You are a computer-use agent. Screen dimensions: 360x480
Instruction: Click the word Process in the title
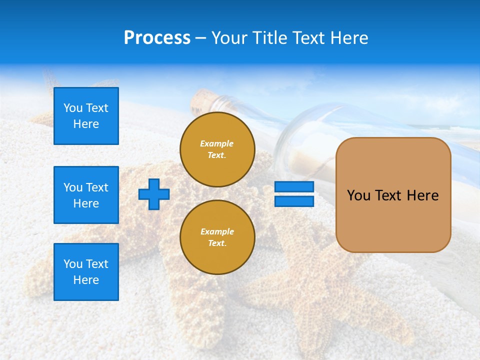point(157,38)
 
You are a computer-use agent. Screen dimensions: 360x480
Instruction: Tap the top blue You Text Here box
point(86,116)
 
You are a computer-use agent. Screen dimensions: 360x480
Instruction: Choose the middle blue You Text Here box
point(86,195)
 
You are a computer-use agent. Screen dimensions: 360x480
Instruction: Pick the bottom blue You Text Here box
point(86,272)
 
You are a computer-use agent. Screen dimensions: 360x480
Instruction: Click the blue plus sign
point(154,194)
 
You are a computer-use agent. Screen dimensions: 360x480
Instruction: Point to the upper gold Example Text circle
point(217,149)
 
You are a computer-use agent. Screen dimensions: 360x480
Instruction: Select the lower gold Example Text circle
point(217,237)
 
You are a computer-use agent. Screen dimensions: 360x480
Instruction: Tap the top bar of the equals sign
point(294,186)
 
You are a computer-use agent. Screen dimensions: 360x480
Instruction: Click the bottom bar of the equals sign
point(294,201)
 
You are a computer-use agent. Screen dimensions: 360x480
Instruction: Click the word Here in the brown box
point(422,195)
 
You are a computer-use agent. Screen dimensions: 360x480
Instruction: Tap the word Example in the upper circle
point(217,143)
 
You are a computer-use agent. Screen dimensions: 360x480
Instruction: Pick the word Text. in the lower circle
point(217,243)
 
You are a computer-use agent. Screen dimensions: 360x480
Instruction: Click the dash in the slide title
point(201,38)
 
